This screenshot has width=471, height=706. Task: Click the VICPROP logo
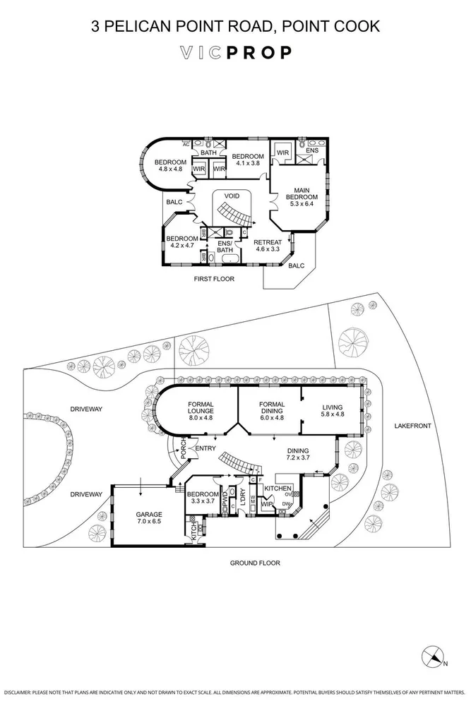[x=235, y=53]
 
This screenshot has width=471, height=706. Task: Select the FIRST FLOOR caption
[x=214, y=279]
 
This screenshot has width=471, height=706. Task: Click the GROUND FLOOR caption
[x=255, y=563]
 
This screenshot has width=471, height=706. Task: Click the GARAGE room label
[x=149, y=515]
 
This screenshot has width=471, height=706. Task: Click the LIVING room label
[x=333, y=407]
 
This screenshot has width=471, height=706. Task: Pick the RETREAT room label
[x=268, y=241]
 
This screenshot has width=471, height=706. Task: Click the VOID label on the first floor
[x=232, y=196]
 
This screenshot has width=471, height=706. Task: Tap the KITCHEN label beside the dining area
[x=279, y=489]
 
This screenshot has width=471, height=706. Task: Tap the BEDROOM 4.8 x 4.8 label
[x=170, y=165]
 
